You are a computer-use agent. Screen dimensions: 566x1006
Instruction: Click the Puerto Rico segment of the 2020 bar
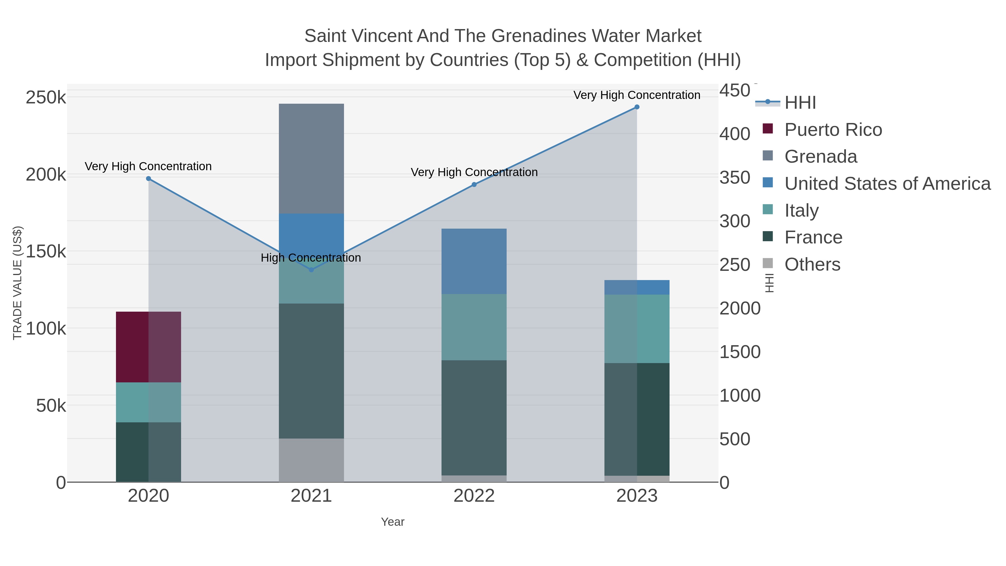tap(148, 347)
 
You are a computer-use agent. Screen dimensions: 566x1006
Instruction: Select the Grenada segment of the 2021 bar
tap(311, 158)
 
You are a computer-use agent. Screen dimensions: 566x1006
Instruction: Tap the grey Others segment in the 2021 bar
tap(311, 460)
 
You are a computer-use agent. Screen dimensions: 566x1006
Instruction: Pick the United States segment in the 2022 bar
tap(474, 261)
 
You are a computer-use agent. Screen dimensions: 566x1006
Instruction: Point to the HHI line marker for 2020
tap(148, 179)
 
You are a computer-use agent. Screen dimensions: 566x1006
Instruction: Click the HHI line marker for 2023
tap(637, 107)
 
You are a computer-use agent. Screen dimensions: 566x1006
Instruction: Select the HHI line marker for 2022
tap(474, 184)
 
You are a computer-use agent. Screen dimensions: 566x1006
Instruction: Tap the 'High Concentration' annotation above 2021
tap(311, 258)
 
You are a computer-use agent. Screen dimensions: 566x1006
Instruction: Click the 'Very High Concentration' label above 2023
tap(637, 95)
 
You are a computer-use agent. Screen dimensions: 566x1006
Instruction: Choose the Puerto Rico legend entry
tap(833, 130)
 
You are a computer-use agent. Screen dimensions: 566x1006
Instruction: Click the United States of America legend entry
tap(887, 184)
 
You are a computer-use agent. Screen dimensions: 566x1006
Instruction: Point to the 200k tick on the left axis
tap(46, 175)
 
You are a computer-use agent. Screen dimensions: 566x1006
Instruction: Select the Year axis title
tap(393, 522)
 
